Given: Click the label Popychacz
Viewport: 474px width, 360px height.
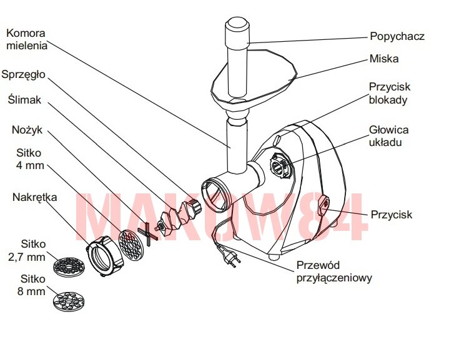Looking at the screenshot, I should click(x=397, y=36).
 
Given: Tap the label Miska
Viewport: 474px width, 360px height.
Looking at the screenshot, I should click(x=383, y=59).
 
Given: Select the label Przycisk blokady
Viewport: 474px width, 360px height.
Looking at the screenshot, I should click(x=390, y=94).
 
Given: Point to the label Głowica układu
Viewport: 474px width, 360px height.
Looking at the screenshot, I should click(x=388, y=136).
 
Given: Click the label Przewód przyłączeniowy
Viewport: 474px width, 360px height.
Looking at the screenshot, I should click(x=333, y=271).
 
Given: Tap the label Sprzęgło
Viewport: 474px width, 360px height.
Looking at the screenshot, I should click(x=23, y=74).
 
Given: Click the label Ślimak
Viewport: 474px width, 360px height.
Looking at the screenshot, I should click(x=23, y=100).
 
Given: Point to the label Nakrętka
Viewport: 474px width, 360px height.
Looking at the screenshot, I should click(x=34, y=197).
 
